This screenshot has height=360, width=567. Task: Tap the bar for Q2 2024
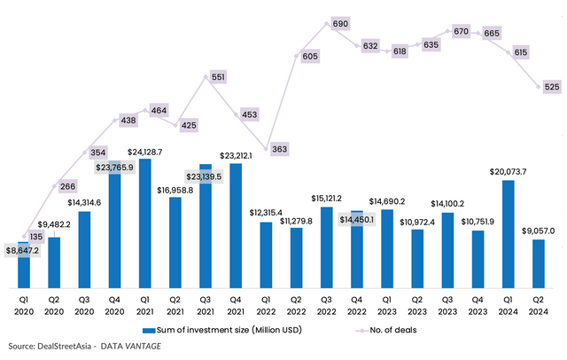click(538, 263)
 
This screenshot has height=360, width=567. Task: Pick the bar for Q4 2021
click(236, 225)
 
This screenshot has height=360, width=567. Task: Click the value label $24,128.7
click(145, 152)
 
